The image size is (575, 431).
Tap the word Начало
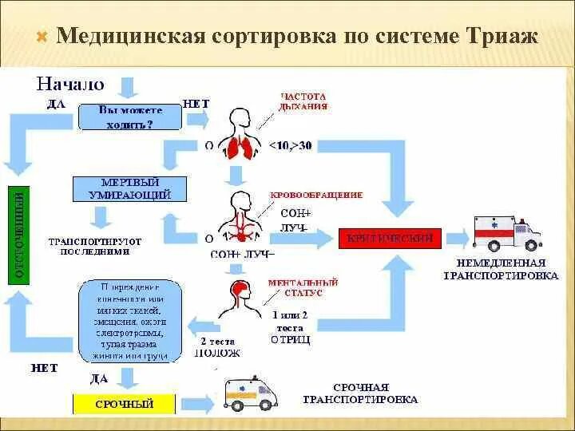pos(70,83)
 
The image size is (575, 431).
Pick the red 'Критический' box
pos(389,238)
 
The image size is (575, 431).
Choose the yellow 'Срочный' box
pos(124,405)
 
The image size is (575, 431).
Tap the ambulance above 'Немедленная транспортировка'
pos(507,231)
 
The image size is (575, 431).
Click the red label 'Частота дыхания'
pos(303,101)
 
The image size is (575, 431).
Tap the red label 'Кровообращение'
pos(315,195)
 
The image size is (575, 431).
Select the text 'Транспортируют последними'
pos(95,244)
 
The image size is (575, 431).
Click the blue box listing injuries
pos(133,321)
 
